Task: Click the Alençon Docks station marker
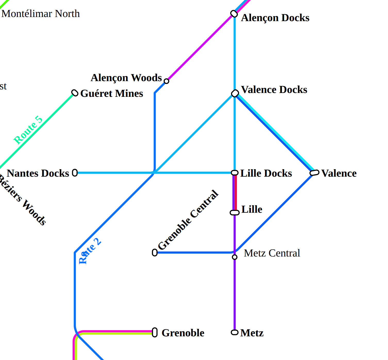234,14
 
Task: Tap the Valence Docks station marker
235,93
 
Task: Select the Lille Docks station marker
235,173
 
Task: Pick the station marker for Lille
235,212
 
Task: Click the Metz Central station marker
235,257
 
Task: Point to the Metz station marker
235,332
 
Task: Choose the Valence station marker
315,173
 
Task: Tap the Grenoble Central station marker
155,253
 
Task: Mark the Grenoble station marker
155,332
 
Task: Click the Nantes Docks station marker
75,173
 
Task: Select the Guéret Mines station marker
75,93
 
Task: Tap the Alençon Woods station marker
167,81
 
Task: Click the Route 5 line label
28,130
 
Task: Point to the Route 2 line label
90,251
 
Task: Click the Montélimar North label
40,14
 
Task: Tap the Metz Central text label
272,253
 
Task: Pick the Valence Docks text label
274,90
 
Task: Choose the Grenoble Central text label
188,220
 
